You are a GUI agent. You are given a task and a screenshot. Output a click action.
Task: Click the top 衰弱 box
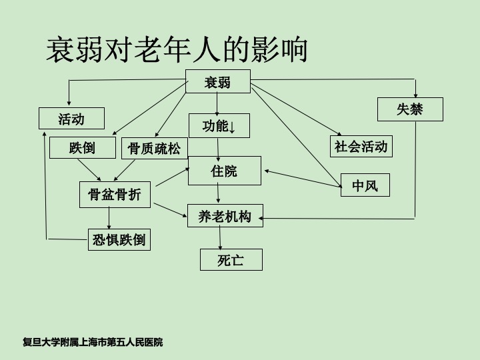click(217, 82)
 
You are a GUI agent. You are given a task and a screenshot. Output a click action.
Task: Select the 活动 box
click(71, 119)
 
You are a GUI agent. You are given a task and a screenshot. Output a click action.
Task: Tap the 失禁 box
click(410, 109)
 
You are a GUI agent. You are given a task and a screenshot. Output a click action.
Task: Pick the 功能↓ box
click(218, 126)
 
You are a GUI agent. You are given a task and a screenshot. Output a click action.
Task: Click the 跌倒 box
click(83, 147)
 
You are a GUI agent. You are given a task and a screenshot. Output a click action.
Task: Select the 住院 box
click(224, 171)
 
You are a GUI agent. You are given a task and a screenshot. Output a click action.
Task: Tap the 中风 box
click(365, 185)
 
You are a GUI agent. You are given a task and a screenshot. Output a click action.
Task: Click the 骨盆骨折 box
click(115, 194)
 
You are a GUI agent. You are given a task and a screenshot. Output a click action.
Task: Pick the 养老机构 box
click(225, 216)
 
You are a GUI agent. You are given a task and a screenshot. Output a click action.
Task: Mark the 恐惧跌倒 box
click(119, 239)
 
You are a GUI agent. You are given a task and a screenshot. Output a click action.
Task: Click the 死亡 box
click(231, 259)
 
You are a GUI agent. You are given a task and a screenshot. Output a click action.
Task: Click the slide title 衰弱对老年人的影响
click(177, 50)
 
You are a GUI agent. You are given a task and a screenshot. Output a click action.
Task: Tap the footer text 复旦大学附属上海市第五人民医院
click(93, 343)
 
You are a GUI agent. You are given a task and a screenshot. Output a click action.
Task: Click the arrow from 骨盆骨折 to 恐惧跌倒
click(109, 218)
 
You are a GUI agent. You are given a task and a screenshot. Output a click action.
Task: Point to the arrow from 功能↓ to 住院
click(218, 147)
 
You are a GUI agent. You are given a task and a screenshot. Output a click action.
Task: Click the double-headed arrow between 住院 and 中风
click(302, 177)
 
